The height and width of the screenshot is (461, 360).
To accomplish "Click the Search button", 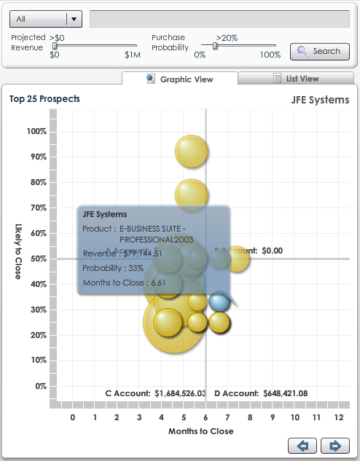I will pos(319,51).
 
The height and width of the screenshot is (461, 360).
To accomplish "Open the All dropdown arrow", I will pos(74,19).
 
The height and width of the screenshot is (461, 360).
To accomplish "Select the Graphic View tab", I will pos(179,79).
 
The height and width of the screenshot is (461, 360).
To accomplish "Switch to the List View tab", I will pos(297,79).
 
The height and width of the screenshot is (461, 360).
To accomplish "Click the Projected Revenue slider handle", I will pos(55,45).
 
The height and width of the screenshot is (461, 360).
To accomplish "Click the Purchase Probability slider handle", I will pos(214,45).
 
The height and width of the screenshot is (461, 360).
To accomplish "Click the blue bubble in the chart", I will pos(219,301).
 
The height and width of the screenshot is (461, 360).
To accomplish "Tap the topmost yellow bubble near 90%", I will pos(192,151).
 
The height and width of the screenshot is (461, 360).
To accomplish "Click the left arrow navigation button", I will pos(303,446).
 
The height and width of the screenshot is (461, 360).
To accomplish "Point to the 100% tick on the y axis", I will pos(36,131).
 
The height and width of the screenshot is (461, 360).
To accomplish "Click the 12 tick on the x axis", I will pos(339,417).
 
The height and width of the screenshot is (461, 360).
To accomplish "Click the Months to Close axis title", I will pos(200,431).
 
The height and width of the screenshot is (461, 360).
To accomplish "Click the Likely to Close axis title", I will pos(18,251).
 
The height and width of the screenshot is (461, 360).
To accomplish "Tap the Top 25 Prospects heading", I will pos(44,98).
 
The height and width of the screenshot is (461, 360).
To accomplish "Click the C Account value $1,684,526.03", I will pos(180,393).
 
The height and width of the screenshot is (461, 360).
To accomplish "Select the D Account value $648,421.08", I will pos(285,393).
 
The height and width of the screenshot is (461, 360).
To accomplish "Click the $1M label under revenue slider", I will pos(132,55).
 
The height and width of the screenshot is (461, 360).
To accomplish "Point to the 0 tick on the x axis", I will pos(72,417).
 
